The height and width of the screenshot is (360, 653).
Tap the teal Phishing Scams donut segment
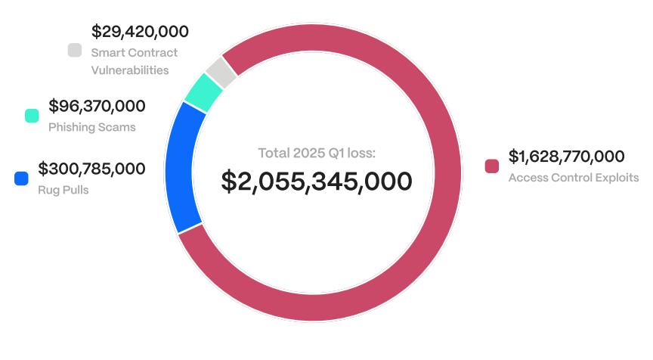[x=203, y=92]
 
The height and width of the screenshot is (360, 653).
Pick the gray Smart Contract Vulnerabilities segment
[x=221, y=72]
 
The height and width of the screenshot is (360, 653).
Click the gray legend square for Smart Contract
[x=74, y=51]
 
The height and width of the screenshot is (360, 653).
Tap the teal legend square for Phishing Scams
[x=32, y=116]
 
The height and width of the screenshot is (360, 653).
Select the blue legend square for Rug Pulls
[x=21, y=178]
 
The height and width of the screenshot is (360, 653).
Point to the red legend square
[x=492, y=166]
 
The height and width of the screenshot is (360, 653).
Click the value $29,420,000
[x=140, y=32]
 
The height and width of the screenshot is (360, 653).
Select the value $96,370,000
[x=97, y=106]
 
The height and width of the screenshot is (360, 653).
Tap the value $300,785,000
[x=91, y=169]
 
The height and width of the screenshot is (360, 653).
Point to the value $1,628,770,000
[x=566, y=157]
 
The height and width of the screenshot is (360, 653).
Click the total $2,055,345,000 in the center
[x=317, y=182]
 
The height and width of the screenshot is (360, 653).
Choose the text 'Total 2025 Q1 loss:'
[x=317, y=153]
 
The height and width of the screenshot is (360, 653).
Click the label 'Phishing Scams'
[x=91, y=127]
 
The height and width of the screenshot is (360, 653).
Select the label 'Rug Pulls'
[x=63, y=190]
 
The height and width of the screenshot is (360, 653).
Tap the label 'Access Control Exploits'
[x=574, y=178]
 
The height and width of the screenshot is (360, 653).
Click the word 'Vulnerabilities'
[x=129, y=70]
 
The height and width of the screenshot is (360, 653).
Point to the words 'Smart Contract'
[x=134, y=53]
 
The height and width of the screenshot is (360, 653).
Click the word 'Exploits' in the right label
[x=618, y=178]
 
